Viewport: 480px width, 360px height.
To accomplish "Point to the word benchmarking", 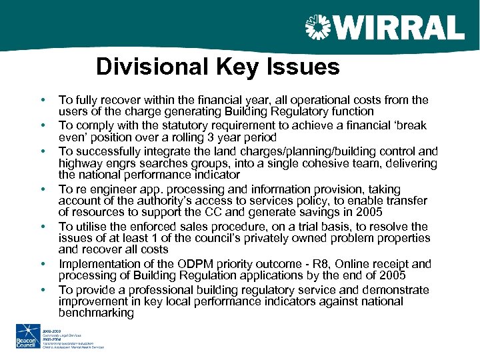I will (x=97, y=313).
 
